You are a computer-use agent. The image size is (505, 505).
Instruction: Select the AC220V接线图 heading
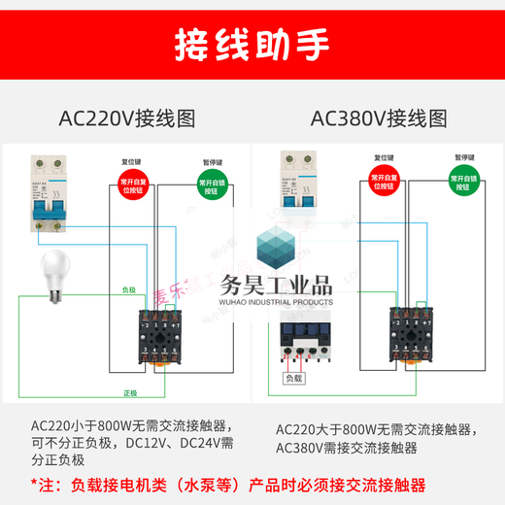pyautogui.click(x=127, y=119)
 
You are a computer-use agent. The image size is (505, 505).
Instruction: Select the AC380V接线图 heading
pyautogui.click(x=379, y=119)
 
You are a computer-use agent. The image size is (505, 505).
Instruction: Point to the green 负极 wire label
pyautogui.click(x=128, y=289)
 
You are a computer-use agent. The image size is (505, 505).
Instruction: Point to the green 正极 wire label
pyautogui.click(x=128, y=392)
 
